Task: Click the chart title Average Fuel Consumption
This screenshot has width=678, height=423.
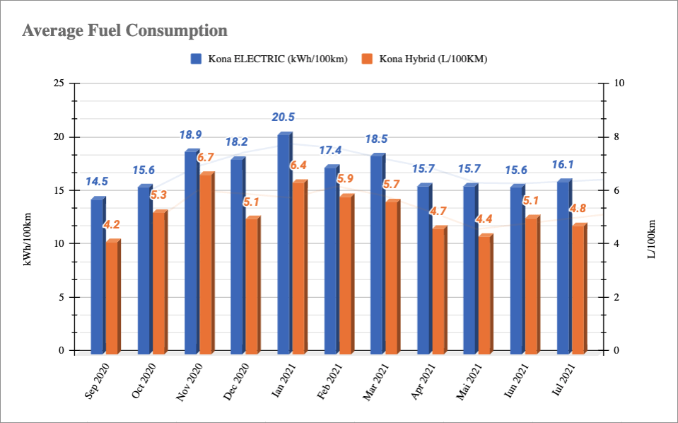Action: [125, 30]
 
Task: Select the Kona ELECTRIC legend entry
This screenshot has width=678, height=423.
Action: [274, 59]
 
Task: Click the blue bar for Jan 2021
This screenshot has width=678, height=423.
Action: [284, 244]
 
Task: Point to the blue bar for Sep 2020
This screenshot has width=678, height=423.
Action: [97, 277]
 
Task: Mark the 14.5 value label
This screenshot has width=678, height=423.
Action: [97, 182]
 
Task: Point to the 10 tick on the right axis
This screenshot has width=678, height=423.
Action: [620, 83]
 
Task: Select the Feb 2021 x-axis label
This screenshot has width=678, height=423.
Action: [332, 381]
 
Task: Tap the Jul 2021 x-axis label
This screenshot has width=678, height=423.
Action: [566, 381]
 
